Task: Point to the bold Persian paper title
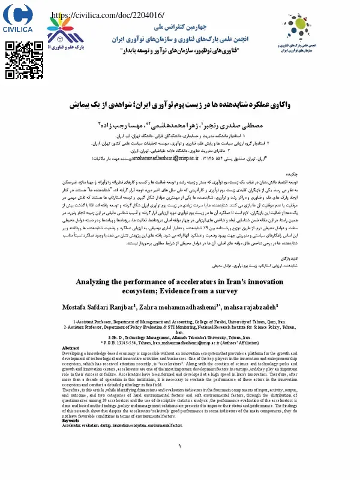point(181,105)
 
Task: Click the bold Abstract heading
point(71,348)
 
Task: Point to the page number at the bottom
point(180,463)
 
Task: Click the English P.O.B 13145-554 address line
point(180,343)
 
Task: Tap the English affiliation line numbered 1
point(180,322)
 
